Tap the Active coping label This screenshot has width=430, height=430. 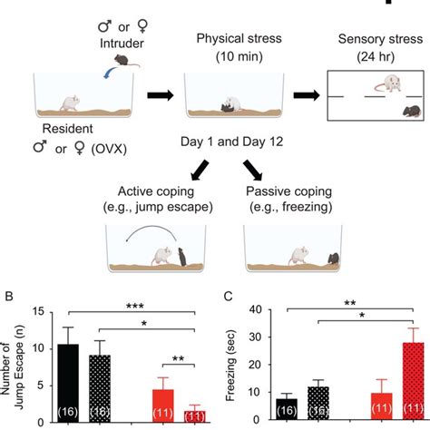tap(158, 191)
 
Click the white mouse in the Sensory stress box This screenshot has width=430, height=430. tap(388, 84)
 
